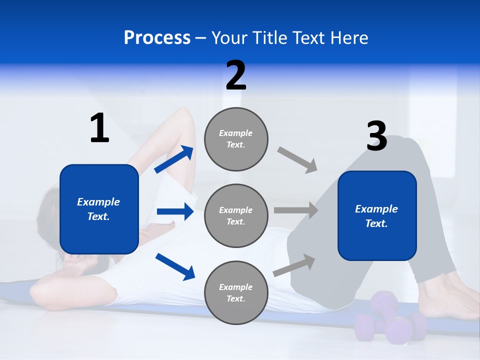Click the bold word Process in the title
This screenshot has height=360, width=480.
click(x=157, y=38)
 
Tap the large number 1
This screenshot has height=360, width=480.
click(x=99, y=128)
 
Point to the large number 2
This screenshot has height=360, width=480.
click(x=236, y=75)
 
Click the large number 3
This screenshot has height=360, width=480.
click(x=377, y=136)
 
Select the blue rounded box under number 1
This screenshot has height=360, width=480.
click(x=99, y=209)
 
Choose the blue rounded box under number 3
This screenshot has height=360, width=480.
click(x=377, y=215)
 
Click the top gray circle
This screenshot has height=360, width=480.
click(x=236, y=139)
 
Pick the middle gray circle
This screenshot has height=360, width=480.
click(x=236, y=215)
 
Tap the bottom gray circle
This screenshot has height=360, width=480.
click(x=236, y=292)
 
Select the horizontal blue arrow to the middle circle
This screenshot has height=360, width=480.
click(x=175, y=211)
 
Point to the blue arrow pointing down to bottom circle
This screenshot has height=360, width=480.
click(x=175, y=266)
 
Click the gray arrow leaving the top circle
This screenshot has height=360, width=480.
click(x=297, y=160)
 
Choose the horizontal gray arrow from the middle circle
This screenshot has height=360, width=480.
click(x=296, y=210)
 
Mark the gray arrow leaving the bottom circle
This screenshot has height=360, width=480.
click(x=294, y=265)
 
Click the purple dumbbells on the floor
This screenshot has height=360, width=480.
click(x=387, y=320)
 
